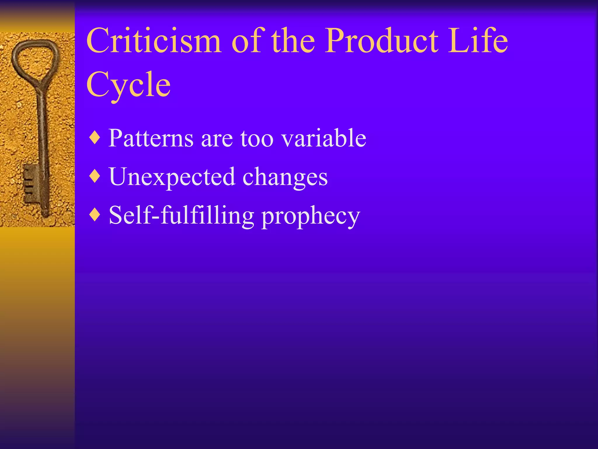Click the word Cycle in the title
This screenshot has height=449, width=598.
pos(128,85)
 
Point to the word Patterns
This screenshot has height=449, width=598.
pos(151,138)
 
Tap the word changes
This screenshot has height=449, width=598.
pos(285,177)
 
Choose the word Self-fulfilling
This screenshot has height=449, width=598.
pos(181,216)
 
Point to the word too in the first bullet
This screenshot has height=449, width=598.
pos(257,139)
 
